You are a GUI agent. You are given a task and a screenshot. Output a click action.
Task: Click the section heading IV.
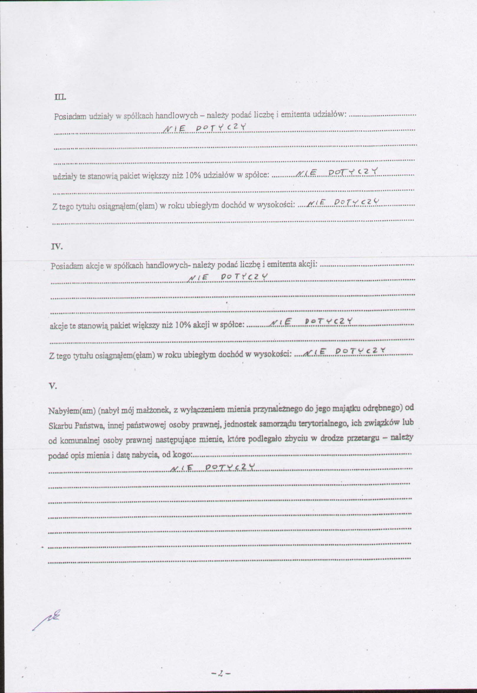click(57, 247)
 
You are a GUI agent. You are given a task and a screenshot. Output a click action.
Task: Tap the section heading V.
click(52, 386)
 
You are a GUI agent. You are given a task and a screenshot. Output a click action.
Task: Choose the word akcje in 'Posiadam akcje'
click(94, 266)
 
